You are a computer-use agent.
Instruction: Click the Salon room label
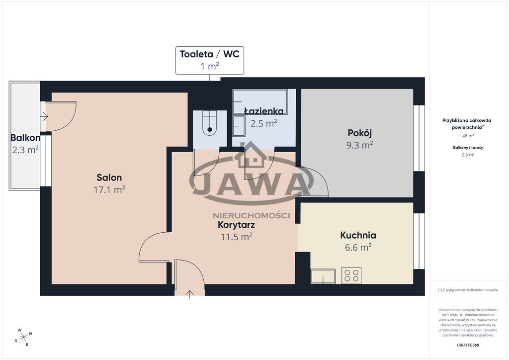[x=109, y=178]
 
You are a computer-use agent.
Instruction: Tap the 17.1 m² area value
[x=109, y=189]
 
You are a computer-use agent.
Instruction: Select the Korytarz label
[x=236, y=225]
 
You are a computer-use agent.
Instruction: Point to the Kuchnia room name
[x=358, y=235]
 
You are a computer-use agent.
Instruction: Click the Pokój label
[x=359, y=133]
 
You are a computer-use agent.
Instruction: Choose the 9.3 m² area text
[x=359, y=145]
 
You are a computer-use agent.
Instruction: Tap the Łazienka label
[x=263, y=111]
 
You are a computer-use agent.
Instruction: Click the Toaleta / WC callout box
[x=210, y=60]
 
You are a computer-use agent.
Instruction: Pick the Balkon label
[x=25, y=138]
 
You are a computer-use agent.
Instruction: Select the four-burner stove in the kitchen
[x=351, y=275]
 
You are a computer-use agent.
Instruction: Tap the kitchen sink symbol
[x=323, y=276]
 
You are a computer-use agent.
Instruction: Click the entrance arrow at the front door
[x=189, y=294]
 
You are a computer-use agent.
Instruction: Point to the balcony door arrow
[x=44, y=116]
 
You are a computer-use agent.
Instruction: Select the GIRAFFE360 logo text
[x=468, y=345]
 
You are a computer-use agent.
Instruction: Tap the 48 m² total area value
[x=468, y=136]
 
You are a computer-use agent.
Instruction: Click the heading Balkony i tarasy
[x=468, y=147]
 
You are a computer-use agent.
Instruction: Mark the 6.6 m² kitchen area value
[x=358, y=247]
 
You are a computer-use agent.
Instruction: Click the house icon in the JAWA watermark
[x=252, y=155]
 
